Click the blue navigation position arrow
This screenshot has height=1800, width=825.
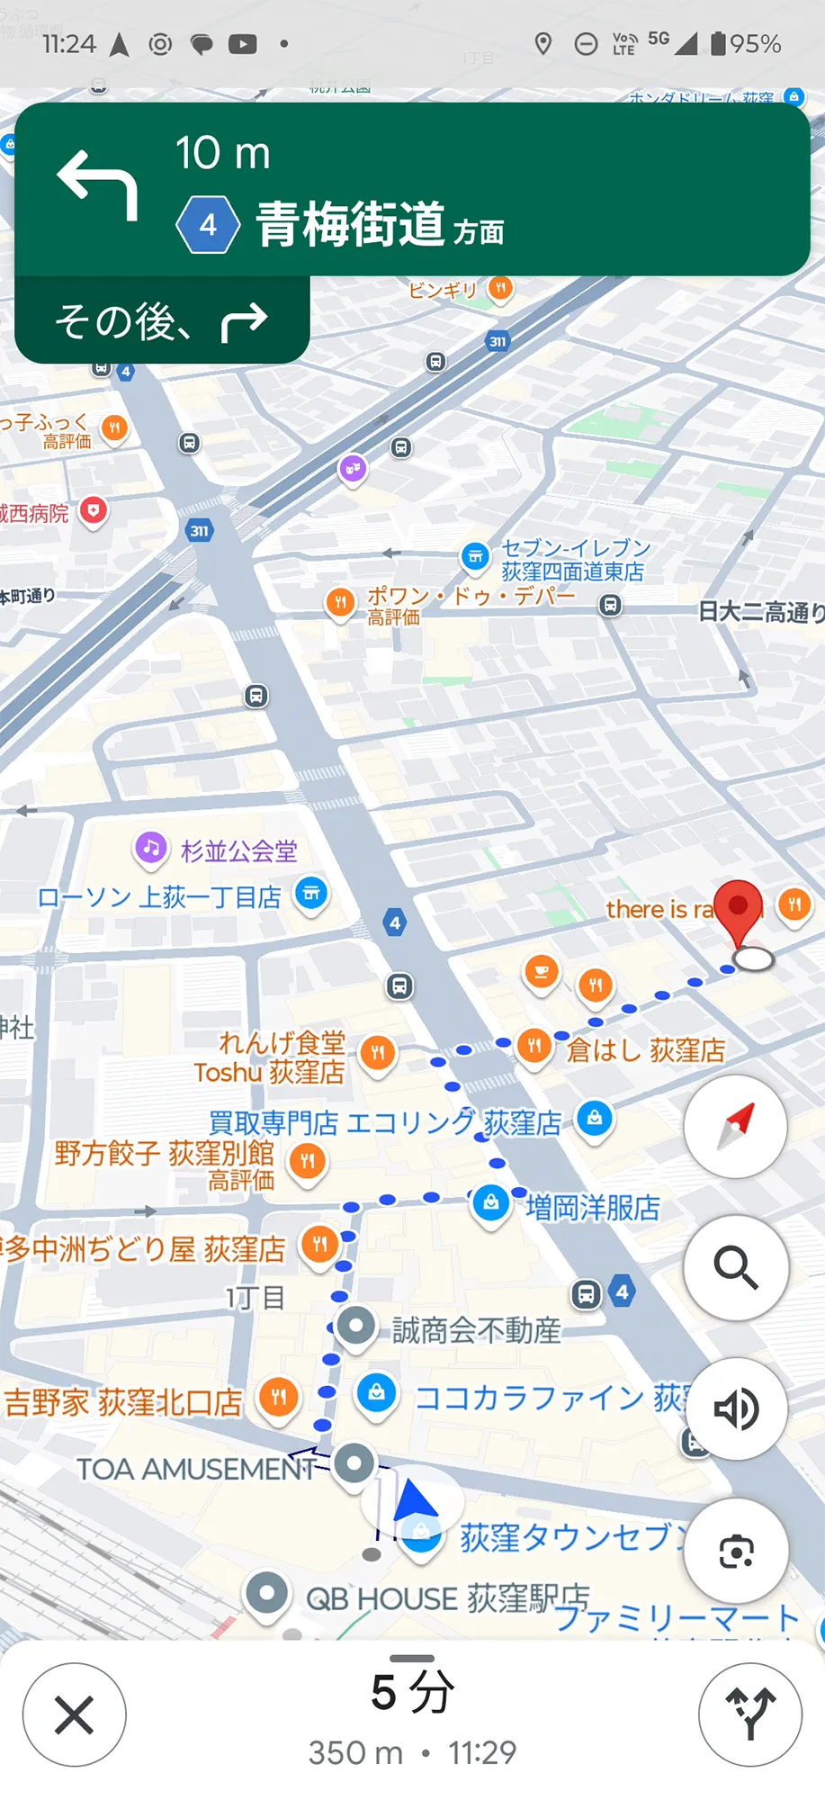[415, 1502]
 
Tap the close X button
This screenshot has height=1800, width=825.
[75, 1714]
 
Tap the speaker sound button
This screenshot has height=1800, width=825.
[737, 1408]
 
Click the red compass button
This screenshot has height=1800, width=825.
[736, 1126]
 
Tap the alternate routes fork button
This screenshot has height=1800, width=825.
[749, 1714]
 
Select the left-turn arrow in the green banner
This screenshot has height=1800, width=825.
[98, 185]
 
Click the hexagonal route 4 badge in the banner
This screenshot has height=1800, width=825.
[208, 224]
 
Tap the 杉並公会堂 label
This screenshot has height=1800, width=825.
[238, 850]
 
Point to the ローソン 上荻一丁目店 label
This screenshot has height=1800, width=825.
[159, 897]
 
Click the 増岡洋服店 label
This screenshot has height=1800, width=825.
[592, 1208]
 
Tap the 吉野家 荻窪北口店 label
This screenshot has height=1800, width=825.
[123, 1401]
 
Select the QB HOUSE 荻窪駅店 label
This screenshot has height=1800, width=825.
[447, 1598]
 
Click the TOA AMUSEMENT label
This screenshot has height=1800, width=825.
[195, 1469]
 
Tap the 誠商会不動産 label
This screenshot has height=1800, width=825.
[476, 1330]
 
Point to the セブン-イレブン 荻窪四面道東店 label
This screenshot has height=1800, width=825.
[574, 560]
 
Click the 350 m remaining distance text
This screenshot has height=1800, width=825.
[355, 1752]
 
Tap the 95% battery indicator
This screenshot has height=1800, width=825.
[746, 43]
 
